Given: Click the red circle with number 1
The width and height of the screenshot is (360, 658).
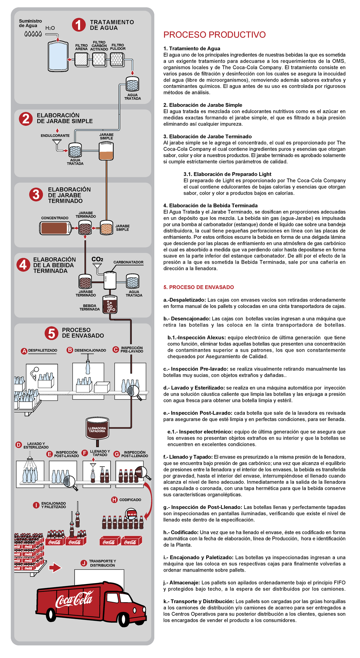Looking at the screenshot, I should coord(79,25).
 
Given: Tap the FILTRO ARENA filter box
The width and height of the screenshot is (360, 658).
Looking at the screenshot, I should coord(81,59).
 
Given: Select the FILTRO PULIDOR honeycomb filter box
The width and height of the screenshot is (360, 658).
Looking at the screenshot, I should coord(117,59).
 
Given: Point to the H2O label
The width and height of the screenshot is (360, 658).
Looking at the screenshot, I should coord(50,28).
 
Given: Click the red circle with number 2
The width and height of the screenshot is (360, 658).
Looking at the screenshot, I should coord(26,119).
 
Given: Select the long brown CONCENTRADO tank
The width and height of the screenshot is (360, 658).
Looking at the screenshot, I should coord(55,228).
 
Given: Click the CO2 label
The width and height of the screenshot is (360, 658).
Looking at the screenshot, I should coord(97,259).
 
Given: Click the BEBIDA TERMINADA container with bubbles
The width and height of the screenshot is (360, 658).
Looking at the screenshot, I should coord(110,305).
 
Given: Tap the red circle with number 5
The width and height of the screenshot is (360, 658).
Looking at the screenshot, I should coord(51,333).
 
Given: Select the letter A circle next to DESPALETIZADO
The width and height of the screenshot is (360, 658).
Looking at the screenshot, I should coord(24,351).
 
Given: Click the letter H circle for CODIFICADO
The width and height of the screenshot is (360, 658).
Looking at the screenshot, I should coord(114,500).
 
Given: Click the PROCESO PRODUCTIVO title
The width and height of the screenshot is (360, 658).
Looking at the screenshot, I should coord(214,35).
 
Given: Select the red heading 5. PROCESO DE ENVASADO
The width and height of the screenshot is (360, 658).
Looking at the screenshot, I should coord(199,287).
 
